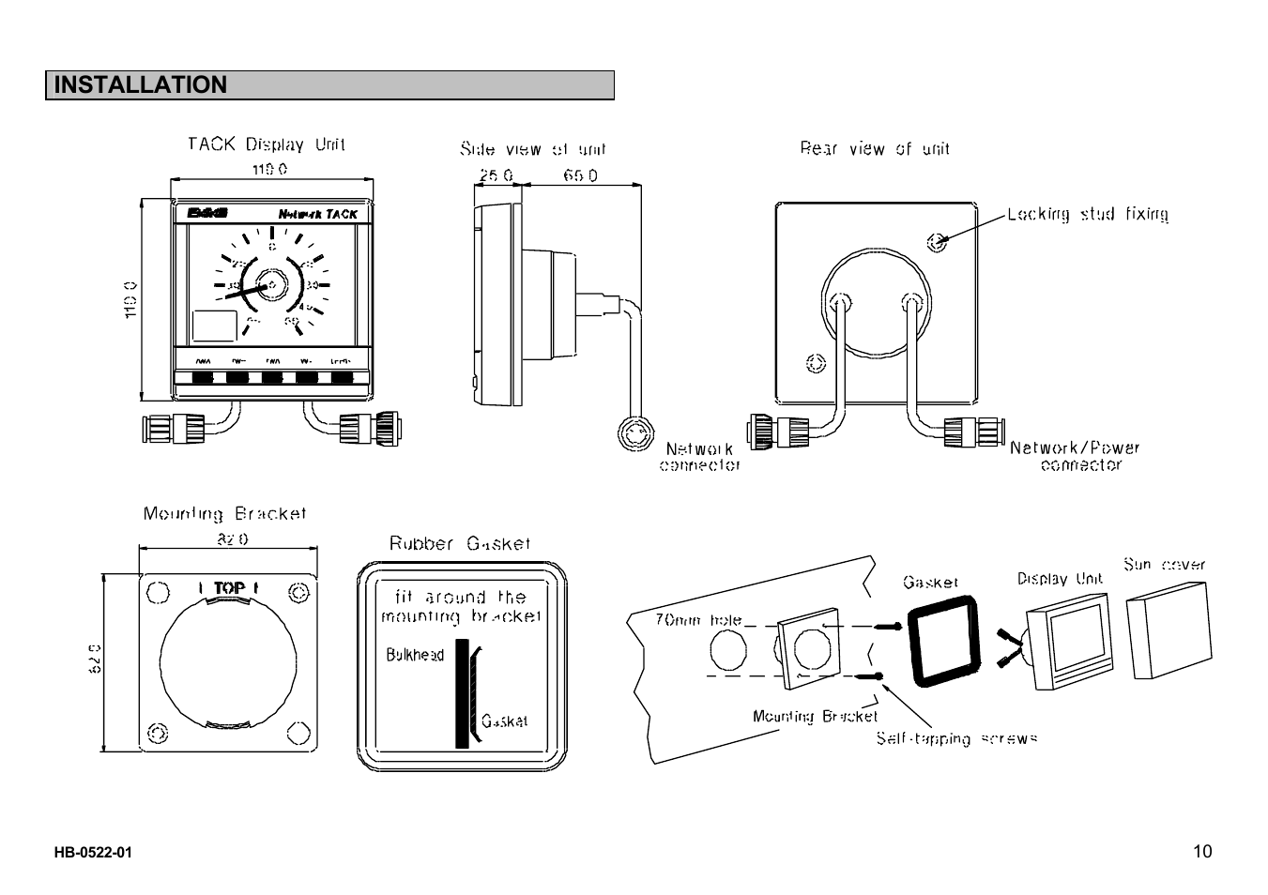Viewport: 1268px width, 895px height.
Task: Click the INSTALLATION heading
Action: pyautogui.click(x=141, y=85)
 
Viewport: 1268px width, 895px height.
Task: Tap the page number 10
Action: pyautogui.click(x=1202, y=852)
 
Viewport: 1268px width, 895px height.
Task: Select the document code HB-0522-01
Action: pyautogui.click(x=93, y=853)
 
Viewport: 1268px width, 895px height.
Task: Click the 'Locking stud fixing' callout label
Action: pyautogui.click(x=1088, y=214)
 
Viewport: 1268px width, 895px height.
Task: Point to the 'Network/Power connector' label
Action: pyautogui.click(x=1075, y=456)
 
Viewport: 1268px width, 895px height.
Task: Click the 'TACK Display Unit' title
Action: pyautogui.click(x=267, y=144)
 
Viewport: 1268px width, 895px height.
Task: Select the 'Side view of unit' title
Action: pyautogui.click(x=532, y=149)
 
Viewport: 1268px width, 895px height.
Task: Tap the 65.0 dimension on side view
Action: pyautogui.click(x=580, y=175)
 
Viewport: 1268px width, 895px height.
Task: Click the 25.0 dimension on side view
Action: pyautogui.click(x=497, y=175)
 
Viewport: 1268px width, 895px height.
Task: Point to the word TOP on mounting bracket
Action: pyautogui.click(x=229, y=588)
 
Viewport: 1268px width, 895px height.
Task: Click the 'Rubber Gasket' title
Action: pyautogui.click(x=460, y=544)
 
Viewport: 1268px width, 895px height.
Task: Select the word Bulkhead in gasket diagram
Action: pyautogui.click(x=415, y=655)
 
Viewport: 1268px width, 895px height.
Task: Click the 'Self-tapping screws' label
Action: pyautogui.click(x=956, y=738)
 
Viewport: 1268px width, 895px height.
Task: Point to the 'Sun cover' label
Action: pyautogui.click(x=1164, y=565)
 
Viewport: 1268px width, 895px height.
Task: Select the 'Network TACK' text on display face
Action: pyautogui.click(x=317, y=214)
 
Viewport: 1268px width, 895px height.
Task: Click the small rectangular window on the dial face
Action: pyautogui.click(x=214, y=326)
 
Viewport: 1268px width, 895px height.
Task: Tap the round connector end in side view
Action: pyautogui.click(x=635, y=433)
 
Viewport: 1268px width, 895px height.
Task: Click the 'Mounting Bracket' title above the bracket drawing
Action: pyautogui.click(x=224, y=514)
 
